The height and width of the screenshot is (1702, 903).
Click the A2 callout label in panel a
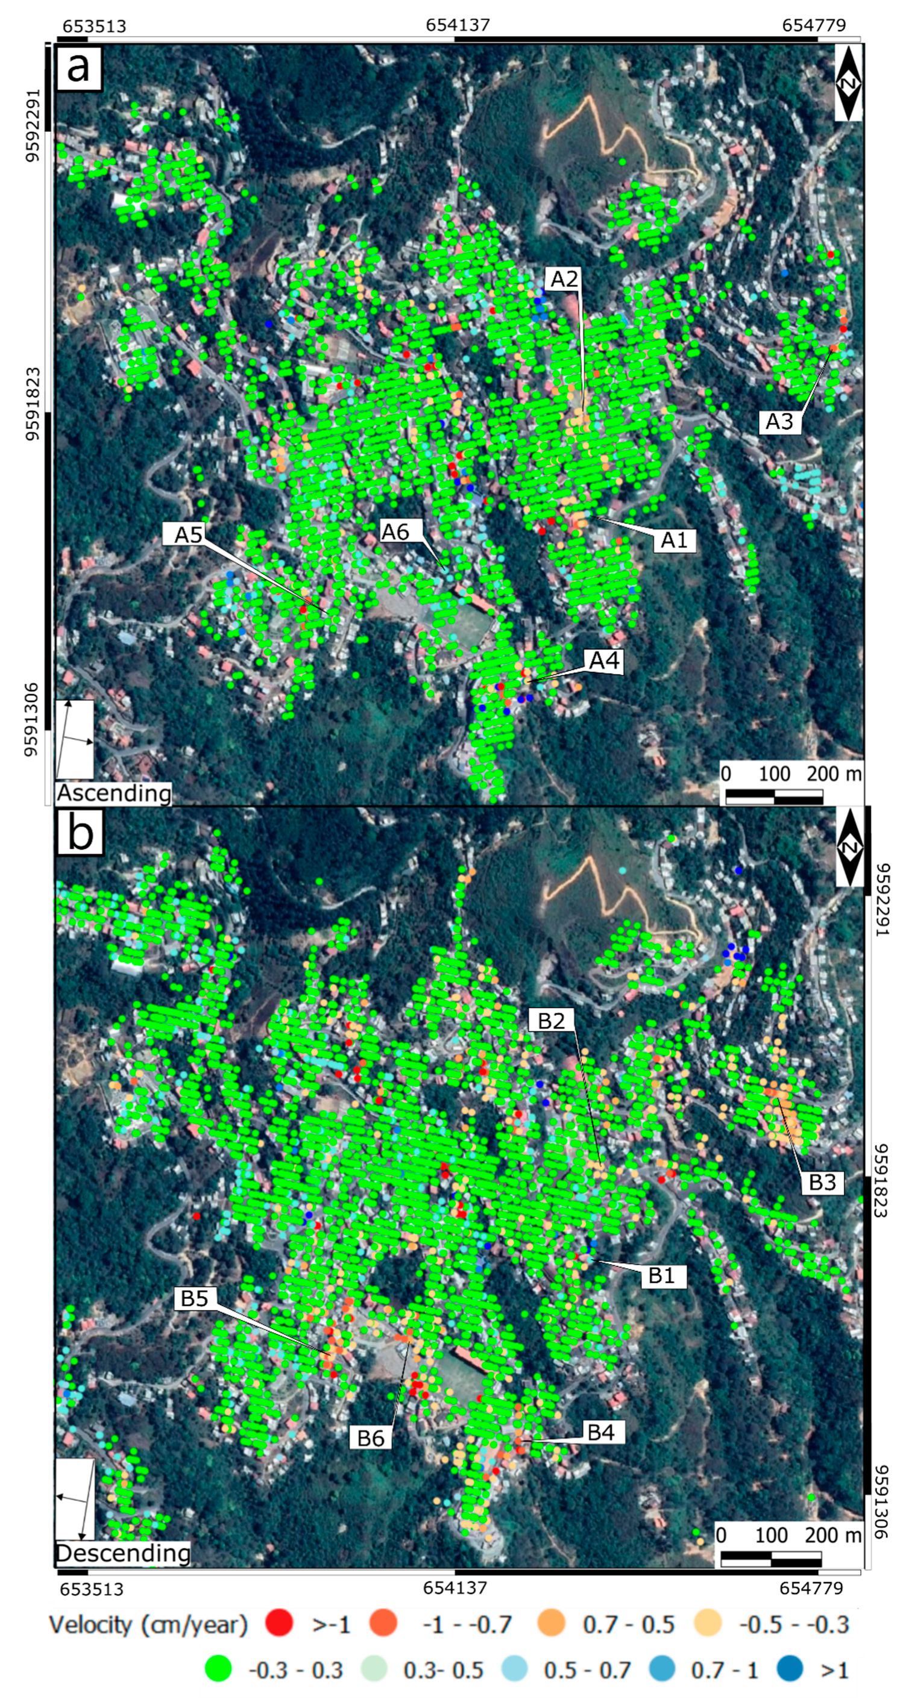tap(564, 279)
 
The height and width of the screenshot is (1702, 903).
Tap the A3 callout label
tap(779, 421)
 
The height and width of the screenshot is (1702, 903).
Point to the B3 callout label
tap(822, 1182)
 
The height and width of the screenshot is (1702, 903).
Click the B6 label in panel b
tap(371, 1438)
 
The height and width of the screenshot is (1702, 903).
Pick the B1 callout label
tap(662, 1275)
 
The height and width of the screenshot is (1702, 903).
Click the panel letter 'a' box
tap(78, 67)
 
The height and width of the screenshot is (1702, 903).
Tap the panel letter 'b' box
tap(80, 834)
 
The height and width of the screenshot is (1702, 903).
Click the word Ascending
tap(114, 793)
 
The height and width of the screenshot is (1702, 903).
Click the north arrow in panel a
tap(848, 83)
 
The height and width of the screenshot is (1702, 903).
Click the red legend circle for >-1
tap(279, 1623)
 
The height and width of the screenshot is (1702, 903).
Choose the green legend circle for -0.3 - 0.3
tap(218, 1669)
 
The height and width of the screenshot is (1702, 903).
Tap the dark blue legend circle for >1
tap(789, 1669)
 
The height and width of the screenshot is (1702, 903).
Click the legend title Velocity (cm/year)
tap(148, 1624)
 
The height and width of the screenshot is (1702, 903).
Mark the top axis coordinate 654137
tap(458, 25)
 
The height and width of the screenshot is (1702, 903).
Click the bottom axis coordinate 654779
tap(811, 1588)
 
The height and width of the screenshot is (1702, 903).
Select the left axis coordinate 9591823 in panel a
tap(32, 404)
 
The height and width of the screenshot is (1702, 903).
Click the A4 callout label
tap(604, 660)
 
